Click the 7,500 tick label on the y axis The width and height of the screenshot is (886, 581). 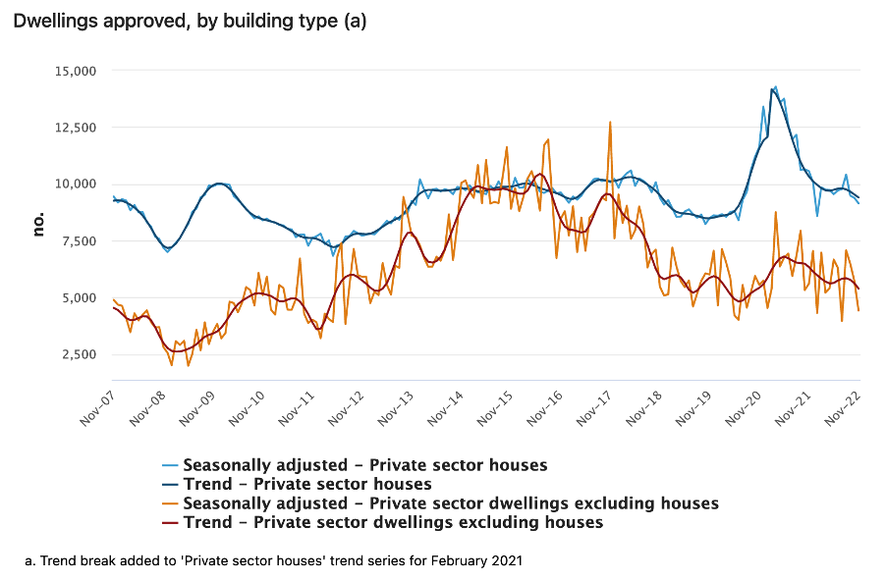coord(80,241)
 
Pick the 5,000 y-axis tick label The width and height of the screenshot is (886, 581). coord(80,298)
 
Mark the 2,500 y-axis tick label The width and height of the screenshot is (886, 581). coord(80,354)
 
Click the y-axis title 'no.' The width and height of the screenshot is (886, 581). coord(39,224)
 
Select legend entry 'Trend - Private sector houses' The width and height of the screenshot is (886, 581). coord(307,484)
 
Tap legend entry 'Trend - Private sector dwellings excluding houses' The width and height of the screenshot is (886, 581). coord(393,522)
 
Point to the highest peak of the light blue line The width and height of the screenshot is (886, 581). coord(775,86)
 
